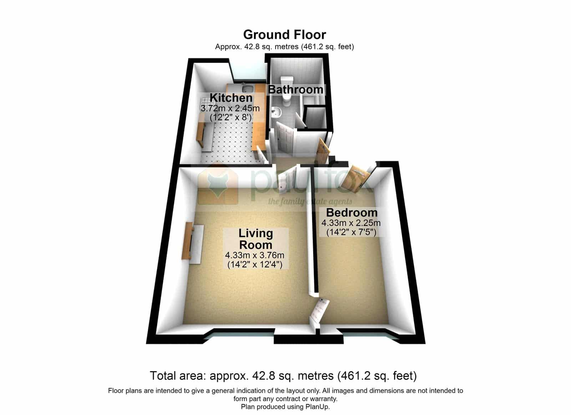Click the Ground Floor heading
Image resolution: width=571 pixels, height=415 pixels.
pos(284,35)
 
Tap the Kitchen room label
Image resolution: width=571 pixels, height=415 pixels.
pos(231,98)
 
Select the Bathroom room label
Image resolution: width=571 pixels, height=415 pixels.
pos(296,90)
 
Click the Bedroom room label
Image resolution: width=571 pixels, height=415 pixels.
pos(352,212)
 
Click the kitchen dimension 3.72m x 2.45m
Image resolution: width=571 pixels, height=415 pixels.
pos(230,108)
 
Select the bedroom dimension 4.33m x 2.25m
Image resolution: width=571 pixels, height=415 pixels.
pos(351,223)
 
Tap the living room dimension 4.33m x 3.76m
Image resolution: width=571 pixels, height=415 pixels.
pos(255,255)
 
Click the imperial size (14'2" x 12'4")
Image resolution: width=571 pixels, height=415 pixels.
pos(255,265)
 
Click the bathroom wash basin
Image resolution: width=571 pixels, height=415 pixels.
pos(276,112)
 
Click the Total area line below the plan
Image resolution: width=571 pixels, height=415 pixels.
pos(283,376)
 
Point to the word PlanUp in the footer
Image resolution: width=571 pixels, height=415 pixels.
pos(318,407)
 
